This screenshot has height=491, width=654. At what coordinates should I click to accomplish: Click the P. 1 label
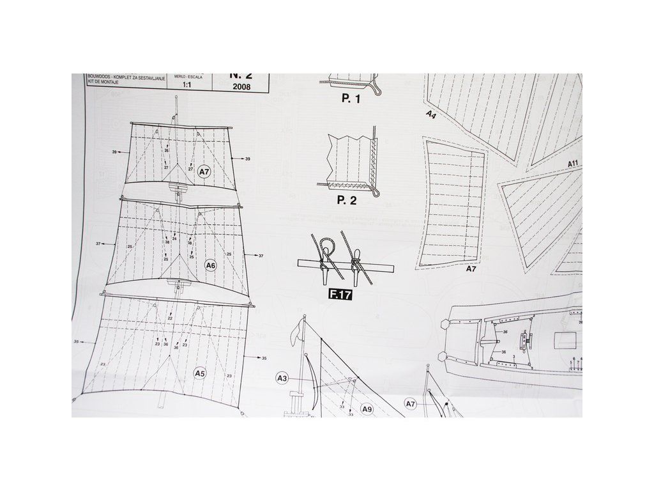coord(351,98)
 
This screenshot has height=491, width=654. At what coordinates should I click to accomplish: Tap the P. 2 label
coord(347,200)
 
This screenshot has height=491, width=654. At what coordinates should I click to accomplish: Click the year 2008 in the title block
coord(243,88)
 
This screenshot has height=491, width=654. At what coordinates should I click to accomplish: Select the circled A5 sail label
coord(200,373)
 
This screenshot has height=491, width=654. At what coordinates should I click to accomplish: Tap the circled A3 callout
coord(282,379)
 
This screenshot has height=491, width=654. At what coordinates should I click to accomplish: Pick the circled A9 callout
coord(367,409)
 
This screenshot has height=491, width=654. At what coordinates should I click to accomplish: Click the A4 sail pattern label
coord(431,115)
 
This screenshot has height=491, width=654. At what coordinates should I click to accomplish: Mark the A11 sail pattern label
coord(573,164)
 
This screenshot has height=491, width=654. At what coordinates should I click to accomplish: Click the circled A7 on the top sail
coord(204,172)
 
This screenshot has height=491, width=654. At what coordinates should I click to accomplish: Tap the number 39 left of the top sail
coord(114,152)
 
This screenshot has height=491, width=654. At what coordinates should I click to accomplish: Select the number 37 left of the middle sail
coord(99,244)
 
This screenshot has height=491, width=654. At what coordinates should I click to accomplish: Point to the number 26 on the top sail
coord(166,151)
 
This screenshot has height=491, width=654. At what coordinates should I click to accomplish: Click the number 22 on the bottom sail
coord(170,318)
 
